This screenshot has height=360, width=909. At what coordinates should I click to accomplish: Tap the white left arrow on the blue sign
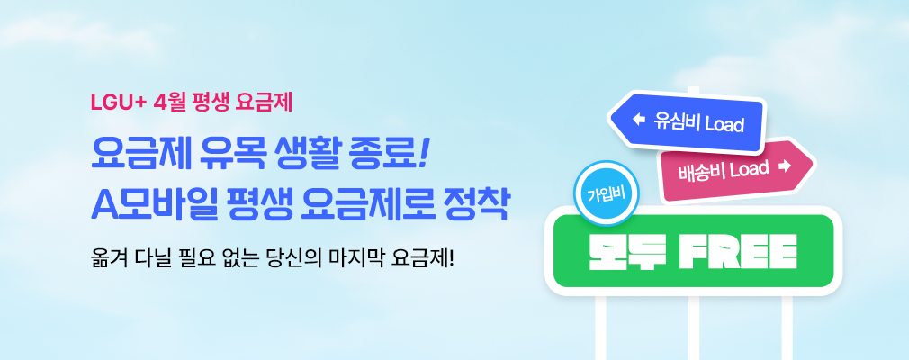(x=640, y=118)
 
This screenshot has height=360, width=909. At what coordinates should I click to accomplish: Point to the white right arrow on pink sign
(x=783, y=166)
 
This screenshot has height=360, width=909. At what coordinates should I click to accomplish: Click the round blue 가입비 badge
(x=605, y=194)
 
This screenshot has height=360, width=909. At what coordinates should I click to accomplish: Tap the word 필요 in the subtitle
(x=209, y=254)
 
